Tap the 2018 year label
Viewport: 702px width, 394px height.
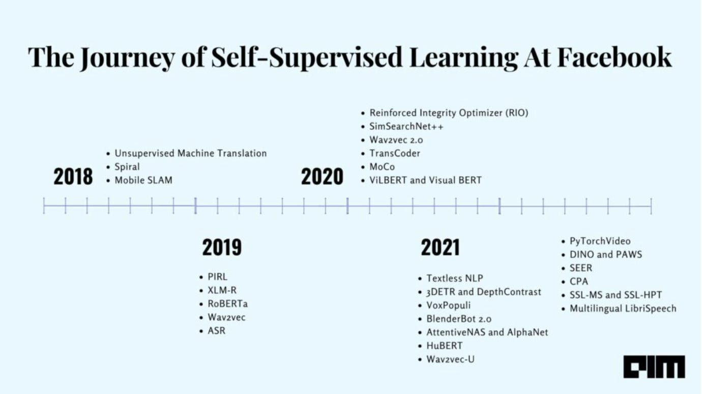tap(73, 177)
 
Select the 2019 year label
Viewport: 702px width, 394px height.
tap(222, 247)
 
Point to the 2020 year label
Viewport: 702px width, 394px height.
tap(322, 177)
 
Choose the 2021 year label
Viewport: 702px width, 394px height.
tap(440, 247)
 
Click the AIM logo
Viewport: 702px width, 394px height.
tap(654, 367)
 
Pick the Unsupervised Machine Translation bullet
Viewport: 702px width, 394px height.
tap(190, 153)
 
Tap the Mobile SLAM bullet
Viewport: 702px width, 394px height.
tap(143, 180)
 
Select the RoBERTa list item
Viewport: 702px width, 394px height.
tap(227, 304)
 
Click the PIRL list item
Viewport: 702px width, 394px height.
tap(217, 277)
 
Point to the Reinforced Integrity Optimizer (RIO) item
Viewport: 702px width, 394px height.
tap(448, 113)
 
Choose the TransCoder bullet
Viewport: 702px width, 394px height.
tap(395, 153)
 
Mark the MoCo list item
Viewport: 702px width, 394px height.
tap(382, 167)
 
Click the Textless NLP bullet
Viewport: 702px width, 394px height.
tap(454, 278)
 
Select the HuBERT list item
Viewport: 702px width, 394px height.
tap(444, 346)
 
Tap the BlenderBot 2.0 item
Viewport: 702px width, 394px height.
tap(458, 319)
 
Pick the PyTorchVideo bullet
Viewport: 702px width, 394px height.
tap(600, 241)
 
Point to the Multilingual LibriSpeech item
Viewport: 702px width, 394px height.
tap(623, 308)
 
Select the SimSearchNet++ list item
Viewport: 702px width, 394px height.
tap(406, 127)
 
